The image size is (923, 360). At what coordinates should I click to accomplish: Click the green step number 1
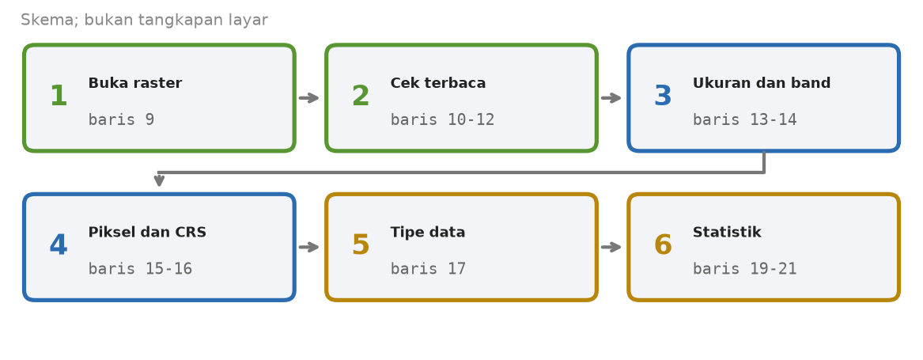(x=59, y=97)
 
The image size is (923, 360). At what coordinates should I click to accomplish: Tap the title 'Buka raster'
(x=134, y=84)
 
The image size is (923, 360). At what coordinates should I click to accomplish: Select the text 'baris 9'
(x=121, y=119)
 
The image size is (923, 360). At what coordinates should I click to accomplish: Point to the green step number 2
(x=360, y=97)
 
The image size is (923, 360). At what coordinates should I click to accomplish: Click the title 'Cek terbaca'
(x=438, y=84)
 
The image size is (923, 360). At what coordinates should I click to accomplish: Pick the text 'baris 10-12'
(x=442, y=119)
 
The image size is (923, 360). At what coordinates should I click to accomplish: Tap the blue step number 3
(x=663, y=97)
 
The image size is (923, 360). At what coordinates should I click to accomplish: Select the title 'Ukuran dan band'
(x=762, y=84)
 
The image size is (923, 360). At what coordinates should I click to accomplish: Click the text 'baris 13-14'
(x=744, y=119)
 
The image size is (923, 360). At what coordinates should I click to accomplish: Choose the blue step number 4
(x=59, y=246)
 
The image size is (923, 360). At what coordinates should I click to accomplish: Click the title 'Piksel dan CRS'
(x=147, y=233)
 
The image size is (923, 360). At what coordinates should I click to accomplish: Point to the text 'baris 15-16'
(x=140, y=269)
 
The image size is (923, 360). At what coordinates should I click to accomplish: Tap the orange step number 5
(x=360, y=246)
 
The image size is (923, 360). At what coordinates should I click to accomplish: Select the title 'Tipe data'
(x=428, y=233)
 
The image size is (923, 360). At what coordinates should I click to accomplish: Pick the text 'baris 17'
(x=428, y=269)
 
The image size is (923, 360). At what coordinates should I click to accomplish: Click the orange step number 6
(x=663, y=246)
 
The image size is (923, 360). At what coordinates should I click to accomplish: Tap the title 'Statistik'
(x=727, y=233)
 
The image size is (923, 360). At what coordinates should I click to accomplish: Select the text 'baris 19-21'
(x=744, y=269)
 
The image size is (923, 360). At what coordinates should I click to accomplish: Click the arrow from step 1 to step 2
(x=309, y=98)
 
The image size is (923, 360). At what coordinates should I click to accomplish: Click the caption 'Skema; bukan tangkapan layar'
(x=144, y=20)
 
